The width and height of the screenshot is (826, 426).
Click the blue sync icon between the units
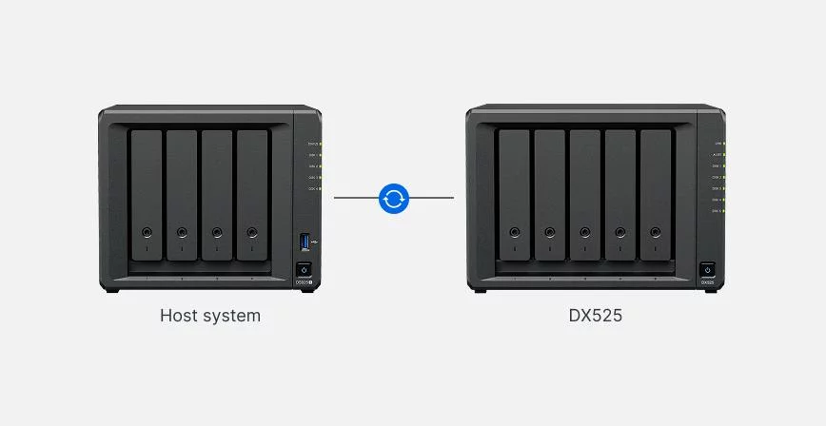click(393, 198)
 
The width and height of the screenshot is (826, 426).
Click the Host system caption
click(210, 316)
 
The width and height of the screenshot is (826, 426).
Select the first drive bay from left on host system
click(147, 195)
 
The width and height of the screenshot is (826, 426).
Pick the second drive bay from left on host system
click(182, 195)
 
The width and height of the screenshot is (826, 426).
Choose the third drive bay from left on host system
click(217, 195)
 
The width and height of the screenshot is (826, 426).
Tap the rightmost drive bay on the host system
click(252, 195)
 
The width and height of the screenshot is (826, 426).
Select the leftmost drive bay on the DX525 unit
click(514, 195)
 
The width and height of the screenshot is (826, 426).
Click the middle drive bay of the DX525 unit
click(584, 195)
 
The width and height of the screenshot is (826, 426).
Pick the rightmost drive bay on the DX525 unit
click(655, 195)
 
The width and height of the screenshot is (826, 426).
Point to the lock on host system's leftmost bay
click(147, 232)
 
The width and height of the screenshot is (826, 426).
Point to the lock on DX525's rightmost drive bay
click(655, 232)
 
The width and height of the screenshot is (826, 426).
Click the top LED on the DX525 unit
click(723, 144)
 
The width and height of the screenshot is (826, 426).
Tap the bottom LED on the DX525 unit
click(723, 210)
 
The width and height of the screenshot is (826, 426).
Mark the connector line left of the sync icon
click(355, 198)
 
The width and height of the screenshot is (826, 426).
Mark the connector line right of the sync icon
click(431, 198)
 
